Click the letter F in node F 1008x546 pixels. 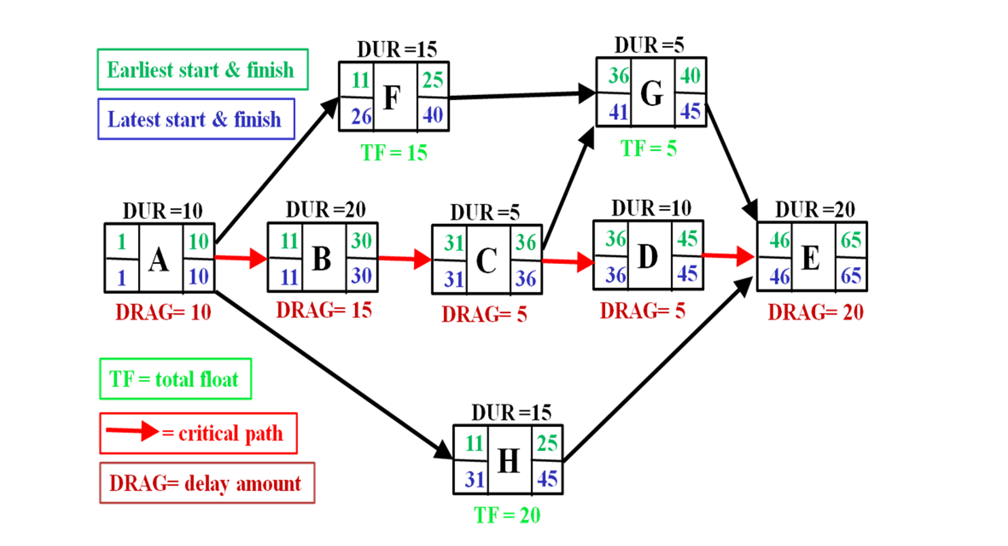392,97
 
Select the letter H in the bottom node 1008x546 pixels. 508,461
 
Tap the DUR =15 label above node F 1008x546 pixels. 396,49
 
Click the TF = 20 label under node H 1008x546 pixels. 507,515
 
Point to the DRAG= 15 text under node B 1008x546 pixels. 324,310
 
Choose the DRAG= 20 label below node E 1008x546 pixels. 815,312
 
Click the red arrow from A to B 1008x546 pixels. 241,257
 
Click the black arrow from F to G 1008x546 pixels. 521,95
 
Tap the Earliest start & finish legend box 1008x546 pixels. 202,69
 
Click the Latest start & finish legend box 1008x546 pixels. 196,119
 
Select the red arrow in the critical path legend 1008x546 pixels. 132,431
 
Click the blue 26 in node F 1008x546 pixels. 361,116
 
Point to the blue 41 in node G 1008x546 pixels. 617,112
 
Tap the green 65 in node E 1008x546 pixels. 850,240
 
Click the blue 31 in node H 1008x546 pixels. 474,479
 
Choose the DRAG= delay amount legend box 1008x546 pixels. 207,483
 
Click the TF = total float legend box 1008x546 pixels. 175,379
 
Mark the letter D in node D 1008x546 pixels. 647,256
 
